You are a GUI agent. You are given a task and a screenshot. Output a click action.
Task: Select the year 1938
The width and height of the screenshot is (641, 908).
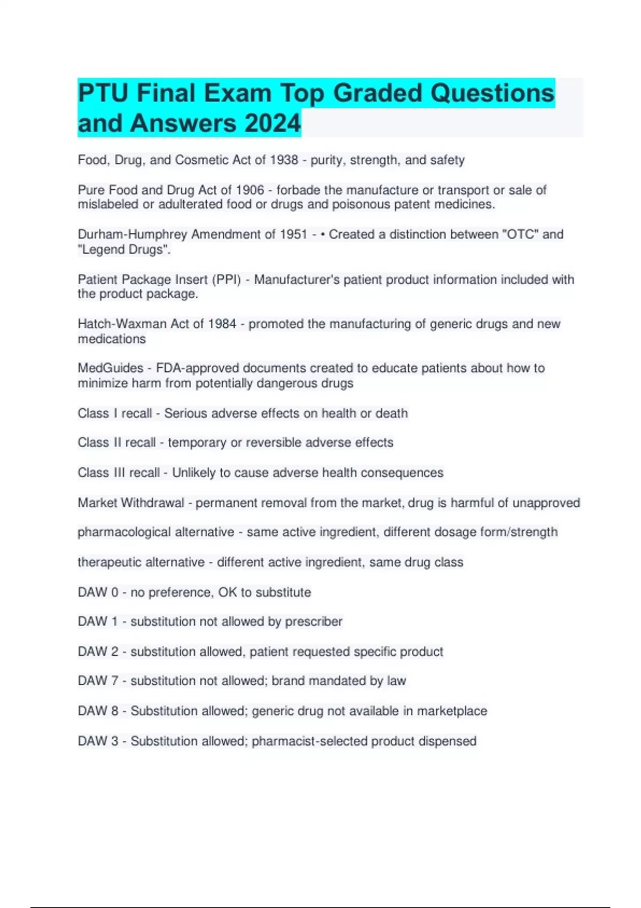tap(284, 160)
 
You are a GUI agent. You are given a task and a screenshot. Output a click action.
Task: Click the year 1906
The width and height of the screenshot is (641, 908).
tap(250, 190)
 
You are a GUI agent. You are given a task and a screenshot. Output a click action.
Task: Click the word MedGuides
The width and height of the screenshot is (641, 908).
tap(111, 368)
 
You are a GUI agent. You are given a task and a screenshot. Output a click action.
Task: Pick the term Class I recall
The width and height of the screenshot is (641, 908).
tap(115, 413)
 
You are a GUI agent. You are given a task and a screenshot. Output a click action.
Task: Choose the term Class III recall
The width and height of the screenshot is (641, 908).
tap(119, 473)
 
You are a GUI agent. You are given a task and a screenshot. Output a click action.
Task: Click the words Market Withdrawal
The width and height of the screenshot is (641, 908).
tap(131, 503)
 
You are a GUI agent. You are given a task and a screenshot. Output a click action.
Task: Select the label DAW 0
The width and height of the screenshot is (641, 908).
tap(98, 592)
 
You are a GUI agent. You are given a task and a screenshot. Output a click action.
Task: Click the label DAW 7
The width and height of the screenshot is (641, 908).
tap(98, 681)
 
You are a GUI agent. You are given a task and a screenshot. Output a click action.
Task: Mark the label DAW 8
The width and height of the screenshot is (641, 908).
tap(98, 711)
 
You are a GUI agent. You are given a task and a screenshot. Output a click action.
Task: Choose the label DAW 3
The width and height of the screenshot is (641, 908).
tap(98, 741)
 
